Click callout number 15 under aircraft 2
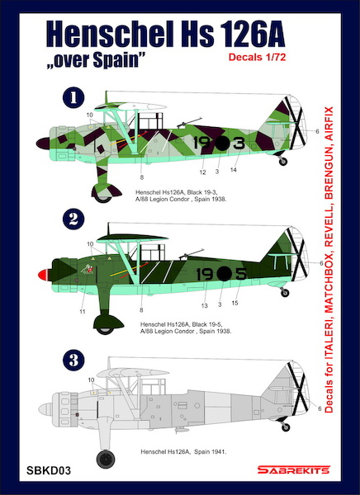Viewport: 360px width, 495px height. tap(235, 304)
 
